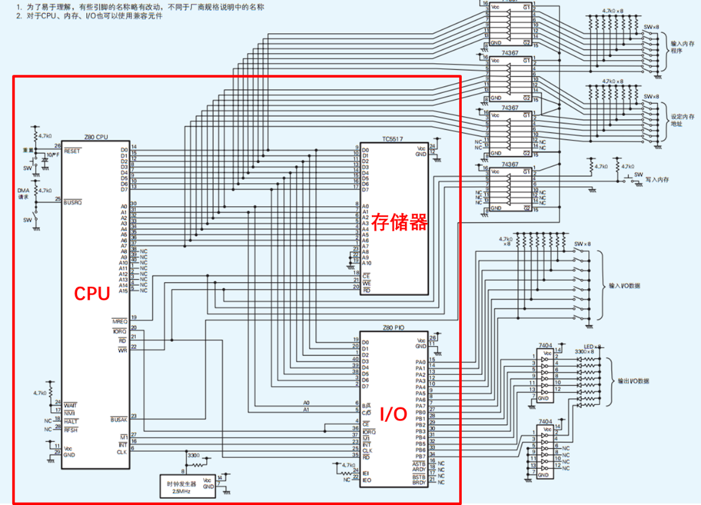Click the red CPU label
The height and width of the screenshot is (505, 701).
tap(92, 293)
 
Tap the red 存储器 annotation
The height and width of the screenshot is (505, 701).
tap(399, 222)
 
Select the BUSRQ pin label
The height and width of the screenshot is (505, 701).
tap(72, 203)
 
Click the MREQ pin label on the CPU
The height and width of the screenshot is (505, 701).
tap(119, 320)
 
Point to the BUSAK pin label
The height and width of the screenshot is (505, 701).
tap(119, 419)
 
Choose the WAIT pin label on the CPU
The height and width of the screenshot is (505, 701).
tap(71, 405)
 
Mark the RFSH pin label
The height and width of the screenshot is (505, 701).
tap(71, 430)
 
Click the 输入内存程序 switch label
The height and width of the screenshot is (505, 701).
tap(682, 48)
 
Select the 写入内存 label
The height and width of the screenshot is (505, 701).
tap(657, 180)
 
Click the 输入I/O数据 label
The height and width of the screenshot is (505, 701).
tap(624, 286)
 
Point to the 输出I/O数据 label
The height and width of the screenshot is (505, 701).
tap(633, 381)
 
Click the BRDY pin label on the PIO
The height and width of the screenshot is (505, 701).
tap(419, 483)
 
